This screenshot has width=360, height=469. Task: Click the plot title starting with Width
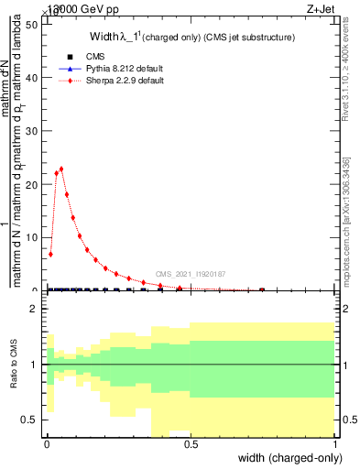click(192, 38)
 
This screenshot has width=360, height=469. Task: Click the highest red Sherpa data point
click(61, 169)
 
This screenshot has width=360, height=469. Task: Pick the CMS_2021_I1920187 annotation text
click(191, 274)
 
